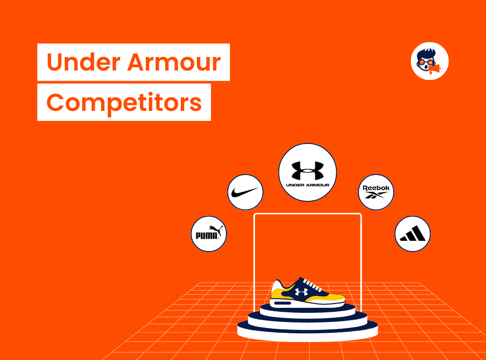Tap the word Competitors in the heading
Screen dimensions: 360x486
point(124,103)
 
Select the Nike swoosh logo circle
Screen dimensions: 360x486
point(245,193)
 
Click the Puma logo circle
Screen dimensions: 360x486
point(209,234)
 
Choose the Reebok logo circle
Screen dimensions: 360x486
point(376,192)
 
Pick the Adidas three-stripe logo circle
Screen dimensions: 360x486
point(412,234)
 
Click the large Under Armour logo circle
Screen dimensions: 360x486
point(307,172)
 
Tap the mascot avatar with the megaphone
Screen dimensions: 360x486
point(429,61)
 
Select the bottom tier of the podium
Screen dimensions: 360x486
point(307,331)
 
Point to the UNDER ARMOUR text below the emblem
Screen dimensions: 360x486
point(307,185)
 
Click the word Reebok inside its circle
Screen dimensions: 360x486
point(376,188)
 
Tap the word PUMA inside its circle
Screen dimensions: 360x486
point(206,236)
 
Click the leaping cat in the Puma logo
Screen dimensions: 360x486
point(214,229)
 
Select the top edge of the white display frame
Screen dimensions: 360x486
point(307,214)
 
